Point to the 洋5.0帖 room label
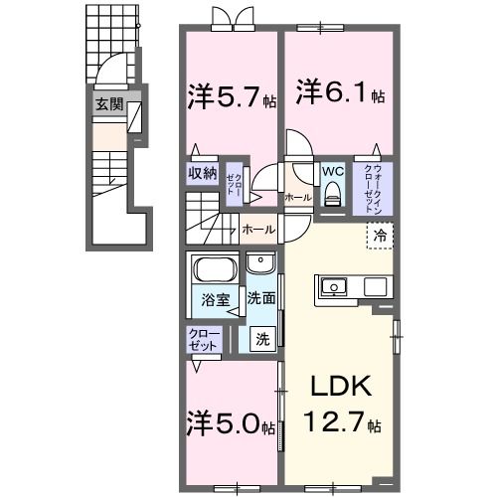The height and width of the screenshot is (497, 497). click(x=230, y=426)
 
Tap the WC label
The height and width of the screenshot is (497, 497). click(x=331, y=171)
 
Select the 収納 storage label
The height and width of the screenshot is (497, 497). click(x=203, y=172)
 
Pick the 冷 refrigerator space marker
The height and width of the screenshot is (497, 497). click(x=381, y=236)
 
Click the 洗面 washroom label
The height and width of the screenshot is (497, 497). click(x=261, y=297)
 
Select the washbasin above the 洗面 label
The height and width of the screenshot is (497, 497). click(x=261, y=263)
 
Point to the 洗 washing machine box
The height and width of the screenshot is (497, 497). click(x=262, y=338)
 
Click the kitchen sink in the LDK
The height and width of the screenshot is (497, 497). click(x=334, y=288)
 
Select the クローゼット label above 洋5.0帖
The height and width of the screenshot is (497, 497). click(x=201, y=338)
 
